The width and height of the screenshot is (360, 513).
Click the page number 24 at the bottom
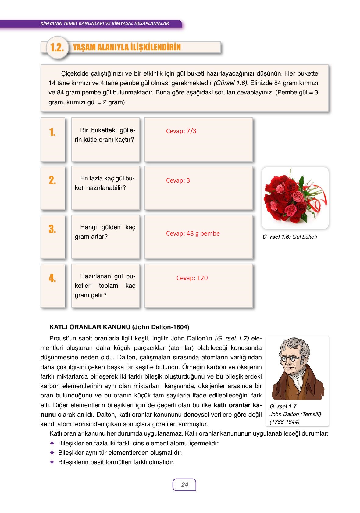tap(184, 485)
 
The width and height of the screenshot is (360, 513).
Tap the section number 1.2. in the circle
tap(57, 48)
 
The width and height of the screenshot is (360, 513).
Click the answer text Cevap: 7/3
tap(181, 131)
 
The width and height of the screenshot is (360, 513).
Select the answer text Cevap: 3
tap(178, 180)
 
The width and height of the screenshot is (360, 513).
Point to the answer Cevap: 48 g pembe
tap(193, 233)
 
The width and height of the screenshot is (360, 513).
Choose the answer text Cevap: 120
tap(192, 278)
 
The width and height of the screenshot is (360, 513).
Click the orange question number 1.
tap(52, 132)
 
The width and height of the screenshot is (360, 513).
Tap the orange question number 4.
tap(52, 278)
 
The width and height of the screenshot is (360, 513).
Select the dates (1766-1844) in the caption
tap(284, 422)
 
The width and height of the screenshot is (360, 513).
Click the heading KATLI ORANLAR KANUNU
tap(119, 327)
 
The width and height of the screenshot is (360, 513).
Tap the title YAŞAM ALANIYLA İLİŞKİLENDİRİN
tap(127, 47)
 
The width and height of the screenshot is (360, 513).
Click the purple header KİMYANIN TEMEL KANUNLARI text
tap(104, 23)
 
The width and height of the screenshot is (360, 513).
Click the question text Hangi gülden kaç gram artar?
tap(105, 232)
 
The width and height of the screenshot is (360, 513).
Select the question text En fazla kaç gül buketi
tap(105, 183)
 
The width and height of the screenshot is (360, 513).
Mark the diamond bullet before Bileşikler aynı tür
tap(52, 452)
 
